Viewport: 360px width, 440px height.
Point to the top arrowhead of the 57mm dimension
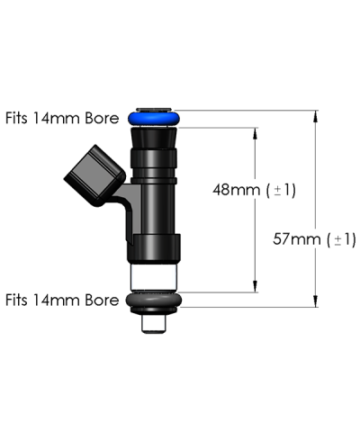coord(316,115)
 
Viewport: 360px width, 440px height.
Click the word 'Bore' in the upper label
coord(102,117)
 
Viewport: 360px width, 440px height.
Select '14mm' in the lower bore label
coord(58,300)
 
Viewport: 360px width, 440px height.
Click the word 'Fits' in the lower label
coord(19,300)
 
